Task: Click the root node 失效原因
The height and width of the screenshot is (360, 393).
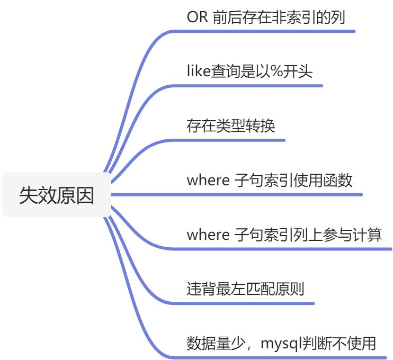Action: coord(57,195)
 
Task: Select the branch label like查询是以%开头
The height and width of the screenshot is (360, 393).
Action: coord(249,71)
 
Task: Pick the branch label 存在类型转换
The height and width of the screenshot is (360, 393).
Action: coord(231,126)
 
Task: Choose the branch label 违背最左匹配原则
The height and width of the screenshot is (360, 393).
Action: coord(245,290)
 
